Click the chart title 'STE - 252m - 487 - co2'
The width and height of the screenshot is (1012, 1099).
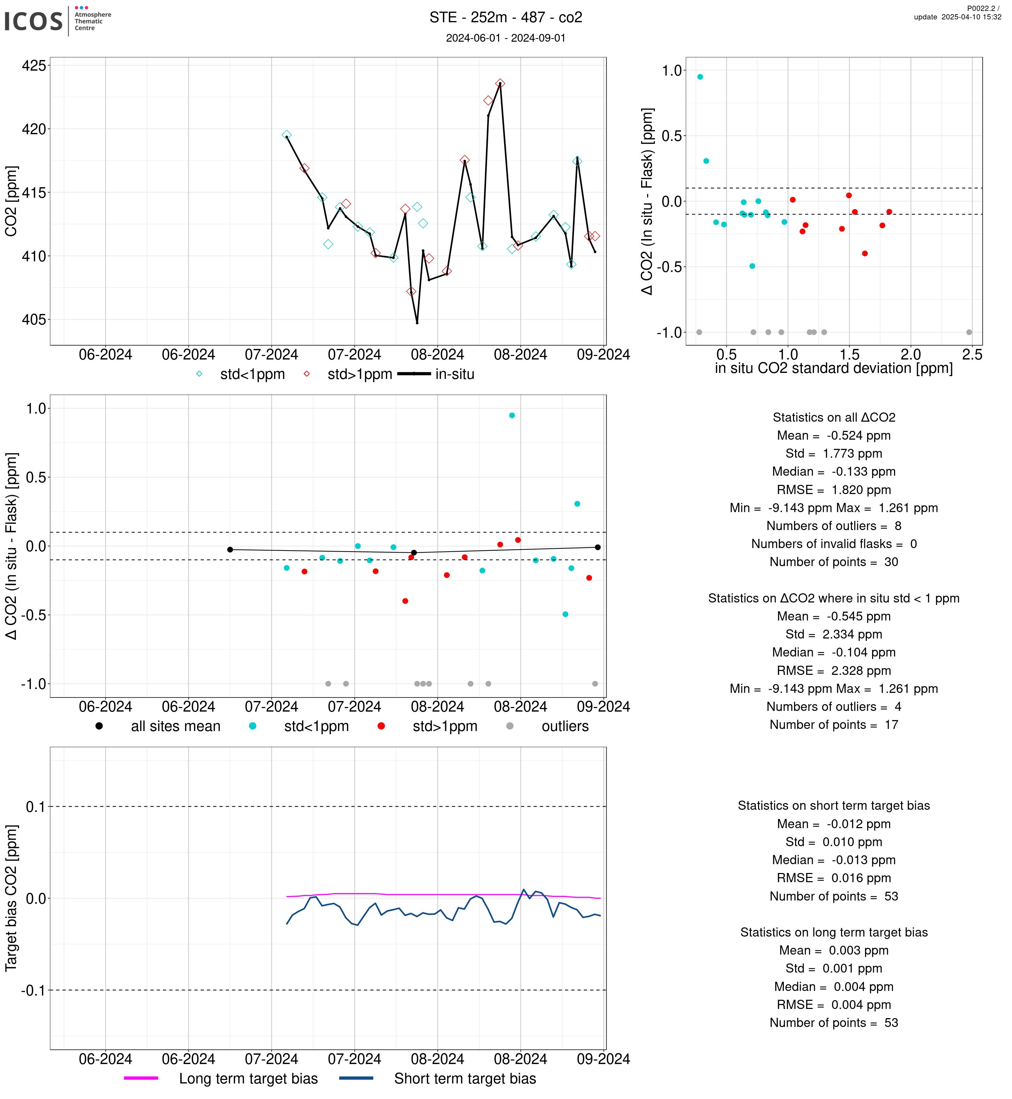pyautogui.click(x=505, y=18)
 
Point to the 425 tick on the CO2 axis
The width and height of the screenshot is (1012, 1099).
pyautogui.click(x=34, y=66)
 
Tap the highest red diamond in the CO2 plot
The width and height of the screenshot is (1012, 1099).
pyautogui.click(x=500, y=84)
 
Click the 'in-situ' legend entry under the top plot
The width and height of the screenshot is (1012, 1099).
pyautogui.click(x=455, y=375)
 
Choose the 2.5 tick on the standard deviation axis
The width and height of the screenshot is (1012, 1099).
pyautogui.click(x=972, y=355)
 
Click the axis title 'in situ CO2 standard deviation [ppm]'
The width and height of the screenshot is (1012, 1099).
pyautogui.click(x=834, y=369)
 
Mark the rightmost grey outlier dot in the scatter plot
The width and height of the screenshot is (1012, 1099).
pyautogui.click(x=969, y=332)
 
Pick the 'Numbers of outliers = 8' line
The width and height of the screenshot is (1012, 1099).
pyautogui.click(x=834, y=526)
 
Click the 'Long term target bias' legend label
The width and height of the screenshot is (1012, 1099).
pyautogui.click(x=248, y=1078)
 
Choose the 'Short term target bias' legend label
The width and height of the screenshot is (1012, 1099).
pyautogui.click(x=465, y=1078)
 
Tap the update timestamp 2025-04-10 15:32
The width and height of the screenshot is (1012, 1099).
pyautogui.click(x=957, y=17)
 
